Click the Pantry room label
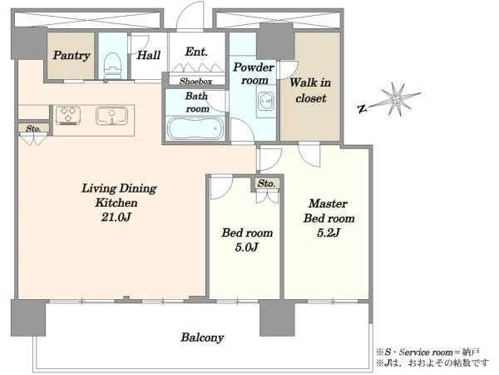pos(72,56)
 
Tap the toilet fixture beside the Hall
pos(112,65)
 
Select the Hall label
pos(148,55)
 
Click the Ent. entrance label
pos(196,52)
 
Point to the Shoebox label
pos(195,82)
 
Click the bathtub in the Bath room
pos(195,128)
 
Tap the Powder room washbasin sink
pos(265,101)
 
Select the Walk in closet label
pos(310,90)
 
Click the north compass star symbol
pos(396,99)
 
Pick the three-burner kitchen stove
pos(68,115)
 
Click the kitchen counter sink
pos(111,116)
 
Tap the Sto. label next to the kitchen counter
pos(33,128)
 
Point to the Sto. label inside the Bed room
pos(266,183)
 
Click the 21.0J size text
pos(116,217)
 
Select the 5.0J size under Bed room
pos(247,247)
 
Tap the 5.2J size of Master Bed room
pos(329,232)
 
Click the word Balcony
pos(202,337)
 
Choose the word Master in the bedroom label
pos(329,203)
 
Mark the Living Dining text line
pos(119,188)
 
